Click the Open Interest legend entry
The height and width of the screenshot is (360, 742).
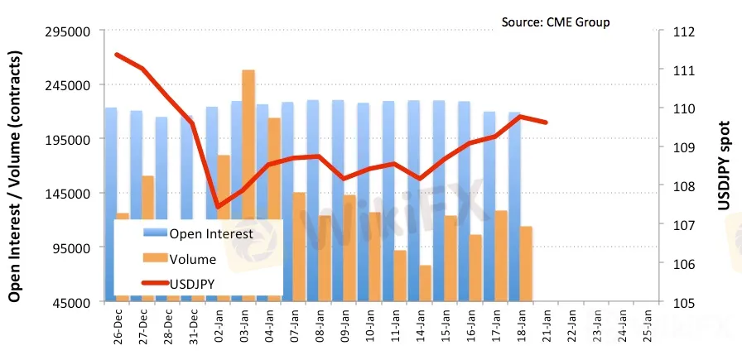[210, 234]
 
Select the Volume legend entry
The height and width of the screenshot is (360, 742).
[192, 259]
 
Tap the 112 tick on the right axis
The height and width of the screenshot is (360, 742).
[682, 31]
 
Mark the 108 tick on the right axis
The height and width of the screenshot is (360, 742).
[682, 186]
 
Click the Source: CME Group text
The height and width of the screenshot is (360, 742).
[556, 22]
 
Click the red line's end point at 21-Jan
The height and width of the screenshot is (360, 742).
[546, 122]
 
